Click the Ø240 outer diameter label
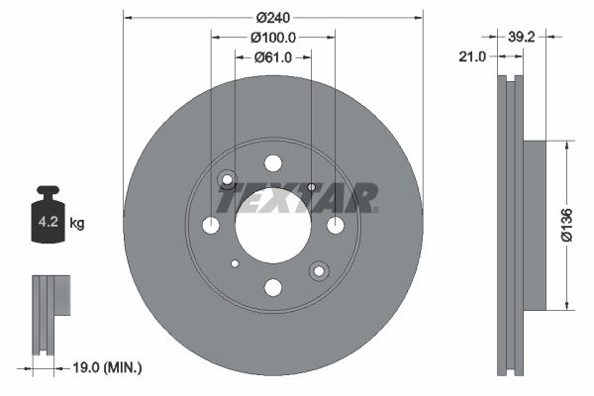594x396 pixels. (272, 17)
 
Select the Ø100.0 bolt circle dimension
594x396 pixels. (272, 38)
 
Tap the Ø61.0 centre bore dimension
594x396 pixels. (272, 57)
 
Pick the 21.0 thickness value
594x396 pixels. (473, 57)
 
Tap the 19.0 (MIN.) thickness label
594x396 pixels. (108, 368)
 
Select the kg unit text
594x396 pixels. (77, 224)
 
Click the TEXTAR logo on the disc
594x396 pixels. (296, 198)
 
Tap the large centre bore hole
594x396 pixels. (272, 225)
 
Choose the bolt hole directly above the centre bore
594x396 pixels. (272, 163)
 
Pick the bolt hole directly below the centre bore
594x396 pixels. (272, 287)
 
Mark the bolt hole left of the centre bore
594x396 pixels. (211, 226)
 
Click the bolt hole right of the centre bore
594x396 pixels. (335, 226)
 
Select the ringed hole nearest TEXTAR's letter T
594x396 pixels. (228, 180)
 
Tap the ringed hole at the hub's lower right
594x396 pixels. (318, 269)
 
